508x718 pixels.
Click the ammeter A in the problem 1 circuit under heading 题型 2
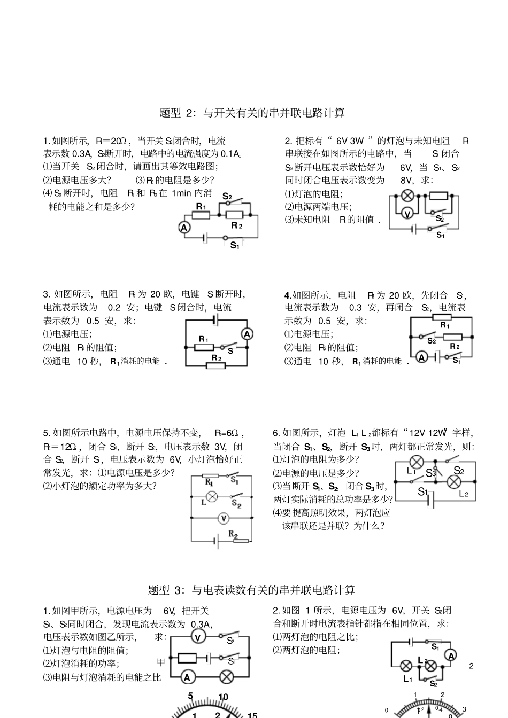[184, 228]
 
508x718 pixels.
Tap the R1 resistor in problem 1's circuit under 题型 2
[201, 215]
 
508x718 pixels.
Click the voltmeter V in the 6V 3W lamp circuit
[407, 214]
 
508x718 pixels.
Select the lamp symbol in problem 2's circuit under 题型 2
[409, 195]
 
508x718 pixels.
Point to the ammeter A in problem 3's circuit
[247, 334]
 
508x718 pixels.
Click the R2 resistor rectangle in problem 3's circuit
[215, 366]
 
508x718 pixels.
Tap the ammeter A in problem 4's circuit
[422, 357]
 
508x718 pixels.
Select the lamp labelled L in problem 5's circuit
[212, 496]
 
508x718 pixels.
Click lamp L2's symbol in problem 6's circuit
[454, 482]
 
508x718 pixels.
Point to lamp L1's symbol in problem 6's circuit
[417, 462]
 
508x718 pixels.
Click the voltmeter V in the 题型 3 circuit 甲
[197, 637]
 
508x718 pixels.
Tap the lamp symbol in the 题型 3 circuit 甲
[226, 677]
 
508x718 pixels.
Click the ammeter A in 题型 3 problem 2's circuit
[451, 655]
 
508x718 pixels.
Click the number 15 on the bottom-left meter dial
[252, 715]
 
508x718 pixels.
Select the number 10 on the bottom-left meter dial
[224, 697]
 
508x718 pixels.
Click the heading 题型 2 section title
[252, 113]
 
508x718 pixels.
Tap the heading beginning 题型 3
[251, 590]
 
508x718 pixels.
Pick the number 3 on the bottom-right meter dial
[464, 709]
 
